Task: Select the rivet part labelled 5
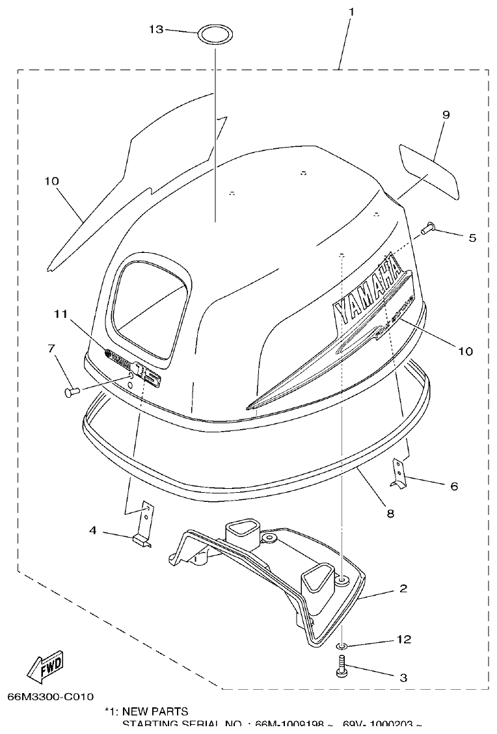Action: (426, 228)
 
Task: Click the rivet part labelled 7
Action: (71, 391)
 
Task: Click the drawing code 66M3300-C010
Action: (51, 697)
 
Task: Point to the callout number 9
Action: (446, 115)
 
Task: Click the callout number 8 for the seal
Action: (390, 514)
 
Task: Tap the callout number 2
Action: (403, 589)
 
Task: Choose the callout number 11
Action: (60, 314)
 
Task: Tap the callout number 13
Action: (155, 29)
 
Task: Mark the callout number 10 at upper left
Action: (51, 181)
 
